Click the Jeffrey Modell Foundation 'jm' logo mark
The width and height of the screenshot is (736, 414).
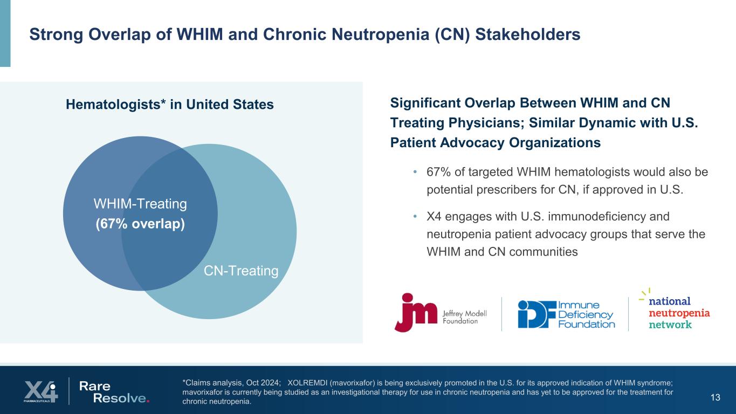416,312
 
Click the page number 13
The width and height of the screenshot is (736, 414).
716,398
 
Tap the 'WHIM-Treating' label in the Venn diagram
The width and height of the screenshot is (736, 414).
140,204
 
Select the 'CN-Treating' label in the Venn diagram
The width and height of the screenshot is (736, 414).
241,271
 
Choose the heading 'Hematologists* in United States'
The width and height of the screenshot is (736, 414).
169,105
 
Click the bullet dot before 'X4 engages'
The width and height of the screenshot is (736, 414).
415,217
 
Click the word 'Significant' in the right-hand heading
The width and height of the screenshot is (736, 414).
424,102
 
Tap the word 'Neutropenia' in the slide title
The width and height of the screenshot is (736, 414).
388,34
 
